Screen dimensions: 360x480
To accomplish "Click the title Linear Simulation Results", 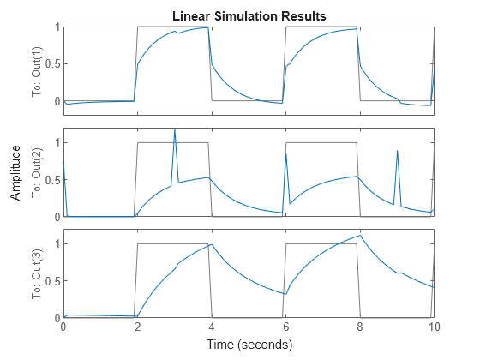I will pyautogui.click(x=249, y=16).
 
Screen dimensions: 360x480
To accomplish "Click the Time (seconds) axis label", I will pyautogui.click(x=249, y=345).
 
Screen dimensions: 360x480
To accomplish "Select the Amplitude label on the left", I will pyautogui.click(x=16, y=172).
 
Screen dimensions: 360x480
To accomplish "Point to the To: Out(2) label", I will pyautogui.click(x=37, y=172).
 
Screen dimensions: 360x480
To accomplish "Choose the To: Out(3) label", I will pyautogui.click(x=37, y=273).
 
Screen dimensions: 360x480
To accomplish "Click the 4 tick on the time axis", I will pyautogui.click(x=211, y=327).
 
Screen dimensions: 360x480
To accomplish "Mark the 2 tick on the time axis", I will pyautogui.click(x=137, y=327).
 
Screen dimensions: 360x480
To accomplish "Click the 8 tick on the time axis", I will pyautogui.click(x=359, y=327).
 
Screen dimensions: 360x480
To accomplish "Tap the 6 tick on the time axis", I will pyautogui.click(x=285, y=327).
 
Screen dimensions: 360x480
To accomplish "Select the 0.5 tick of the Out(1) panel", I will pyautogui.click(x=51, y=64).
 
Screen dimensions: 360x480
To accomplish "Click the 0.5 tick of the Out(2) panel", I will pyautogui.click(x=51, y=180).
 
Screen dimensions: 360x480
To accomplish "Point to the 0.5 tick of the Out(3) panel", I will pyautogui.click(x=51, y=281).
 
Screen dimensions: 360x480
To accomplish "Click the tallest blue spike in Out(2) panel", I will pyautogui.click(x=175, y=130).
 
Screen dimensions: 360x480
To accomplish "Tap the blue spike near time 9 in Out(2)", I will pyautogui.click(x=397, y=152).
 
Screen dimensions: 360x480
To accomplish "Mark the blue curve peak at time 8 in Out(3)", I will pyautogui.click(x=360, y=235).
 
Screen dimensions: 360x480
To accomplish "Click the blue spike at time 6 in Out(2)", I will pyautogui.click(x=286, y=154).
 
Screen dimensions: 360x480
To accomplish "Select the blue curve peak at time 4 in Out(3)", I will pyautogui.click(x=211, y=244).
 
